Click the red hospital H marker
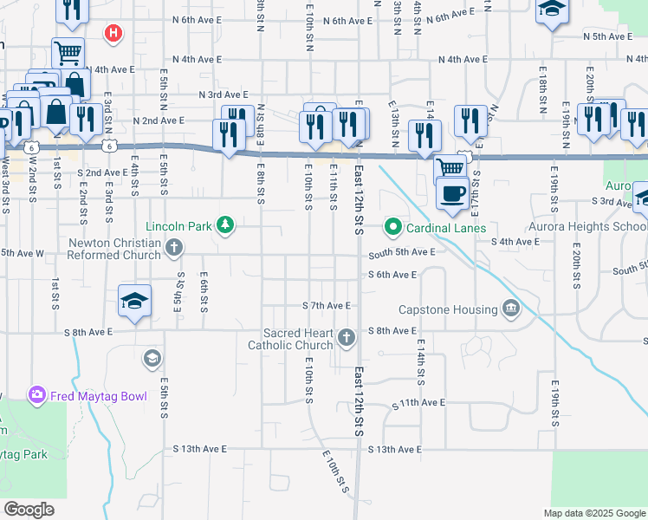[112, 34]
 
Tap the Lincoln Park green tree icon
[225, 226]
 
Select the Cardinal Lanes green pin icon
[392, 228]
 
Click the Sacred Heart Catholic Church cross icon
[347, 337]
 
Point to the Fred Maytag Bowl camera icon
[36, 396]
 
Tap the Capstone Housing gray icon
[511, 309]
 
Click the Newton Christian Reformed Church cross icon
[174, 249]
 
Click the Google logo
[29, 510]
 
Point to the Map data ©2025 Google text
[593, 513]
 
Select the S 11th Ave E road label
[418, 403]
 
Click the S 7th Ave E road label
[326, 306]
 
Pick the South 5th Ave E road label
[401, 252]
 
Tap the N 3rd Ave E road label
[224, 94]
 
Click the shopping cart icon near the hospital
[68, 52]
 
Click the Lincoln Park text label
[179, 226]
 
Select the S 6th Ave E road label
[392, 275]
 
